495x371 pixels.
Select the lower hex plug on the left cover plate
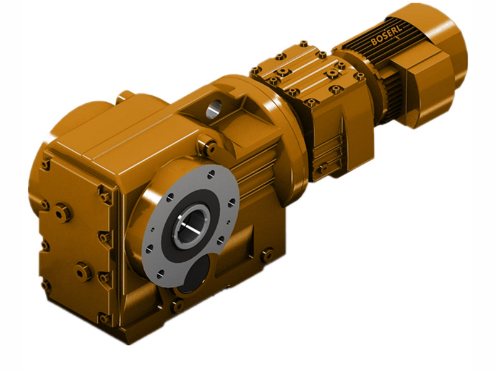coord(83,270)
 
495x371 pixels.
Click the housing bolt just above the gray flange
coord(209,147)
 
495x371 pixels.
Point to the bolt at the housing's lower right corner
coord(267,254)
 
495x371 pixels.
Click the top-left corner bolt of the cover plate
coord(45,164)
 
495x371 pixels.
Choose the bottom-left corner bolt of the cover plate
coord(46,285)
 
